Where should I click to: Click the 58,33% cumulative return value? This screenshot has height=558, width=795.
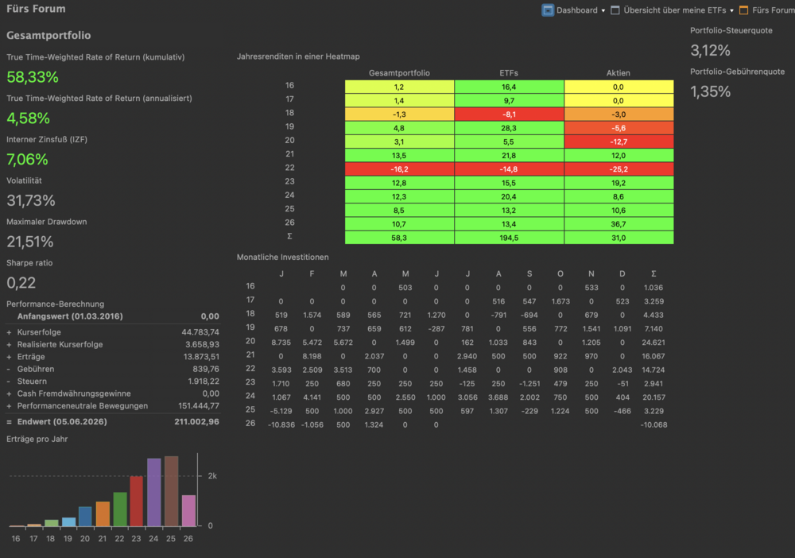(33, 77)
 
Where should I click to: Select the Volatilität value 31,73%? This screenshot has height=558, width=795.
(31, 200)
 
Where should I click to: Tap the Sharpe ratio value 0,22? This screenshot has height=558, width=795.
(21, 283)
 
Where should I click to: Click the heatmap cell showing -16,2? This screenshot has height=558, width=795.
(400, 169)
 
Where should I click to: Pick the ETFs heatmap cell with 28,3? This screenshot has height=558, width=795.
(509, 128)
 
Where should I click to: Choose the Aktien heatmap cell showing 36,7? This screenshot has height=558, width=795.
(619, 224)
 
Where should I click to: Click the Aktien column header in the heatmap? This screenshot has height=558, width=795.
(618, 73)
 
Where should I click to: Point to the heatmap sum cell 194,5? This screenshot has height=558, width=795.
(509, 238)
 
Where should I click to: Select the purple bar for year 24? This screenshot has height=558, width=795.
(154, 492)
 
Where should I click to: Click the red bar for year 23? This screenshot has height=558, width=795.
(137, 502)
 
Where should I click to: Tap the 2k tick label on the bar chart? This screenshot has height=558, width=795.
(212, 476)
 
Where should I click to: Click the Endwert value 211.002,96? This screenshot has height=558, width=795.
(196, 421)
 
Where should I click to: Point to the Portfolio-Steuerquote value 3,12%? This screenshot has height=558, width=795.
(710, 50)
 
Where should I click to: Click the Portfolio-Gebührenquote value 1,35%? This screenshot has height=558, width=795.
(710, 91)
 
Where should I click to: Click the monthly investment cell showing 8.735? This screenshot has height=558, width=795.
(281, 343)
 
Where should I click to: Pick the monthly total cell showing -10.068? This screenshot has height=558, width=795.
(653, 424)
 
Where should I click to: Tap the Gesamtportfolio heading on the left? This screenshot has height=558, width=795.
(48, 36)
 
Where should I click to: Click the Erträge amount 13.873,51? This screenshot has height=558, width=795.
(201, 357)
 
